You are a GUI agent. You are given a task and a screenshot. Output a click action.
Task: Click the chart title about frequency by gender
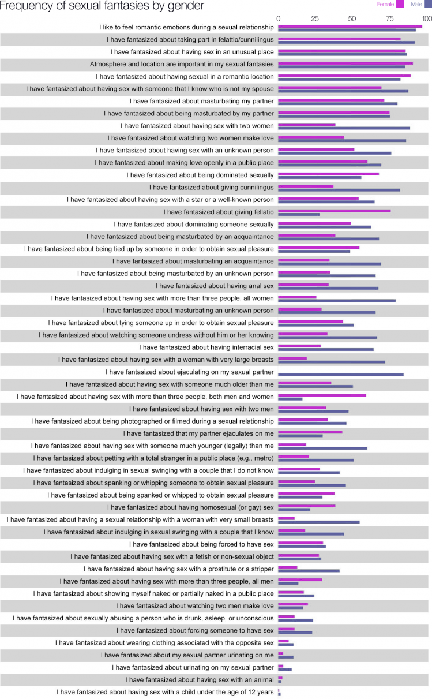click(102, 6)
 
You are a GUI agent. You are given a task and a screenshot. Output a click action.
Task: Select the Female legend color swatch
click(400, 4)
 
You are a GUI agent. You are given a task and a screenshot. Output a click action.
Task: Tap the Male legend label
click(416, 4)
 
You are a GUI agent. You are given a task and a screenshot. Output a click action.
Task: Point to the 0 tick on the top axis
click(279, 18)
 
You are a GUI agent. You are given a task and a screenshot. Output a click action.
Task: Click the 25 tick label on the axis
click(315, 18)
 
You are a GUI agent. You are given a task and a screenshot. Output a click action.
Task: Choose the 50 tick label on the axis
click(352, 18)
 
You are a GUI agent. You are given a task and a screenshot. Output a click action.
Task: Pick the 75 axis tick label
click(390, 18)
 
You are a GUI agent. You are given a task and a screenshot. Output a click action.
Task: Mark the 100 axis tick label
click(426, 18)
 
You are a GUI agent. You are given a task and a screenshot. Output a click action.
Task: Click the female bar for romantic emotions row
click(350, 26)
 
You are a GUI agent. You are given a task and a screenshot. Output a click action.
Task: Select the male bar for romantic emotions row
click(347, 30)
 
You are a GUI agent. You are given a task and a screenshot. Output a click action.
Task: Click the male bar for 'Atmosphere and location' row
click(341, 66)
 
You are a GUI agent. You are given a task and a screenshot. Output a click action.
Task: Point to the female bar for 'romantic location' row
click(344, 75)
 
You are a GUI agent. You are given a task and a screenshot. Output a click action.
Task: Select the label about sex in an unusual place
click(192, 52)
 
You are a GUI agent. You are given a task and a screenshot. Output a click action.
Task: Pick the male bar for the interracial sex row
click(326, 349)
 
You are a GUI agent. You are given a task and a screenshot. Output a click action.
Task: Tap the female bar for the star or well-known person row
click(318, 198)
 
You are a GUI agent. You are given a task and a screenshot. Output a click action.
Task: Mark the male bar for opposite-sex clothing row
click(286, 645)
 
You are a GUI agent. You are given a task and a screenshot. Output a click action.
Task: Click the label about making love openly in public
click(184, 163)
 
